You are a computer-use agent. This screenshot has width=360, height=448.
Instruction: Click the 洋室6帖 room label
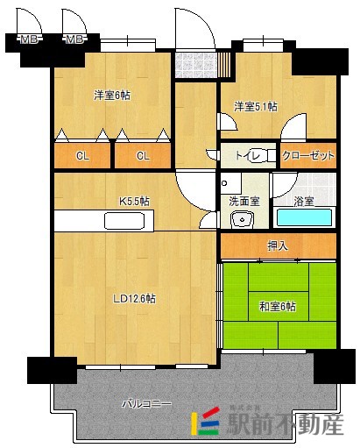tap(112, 96)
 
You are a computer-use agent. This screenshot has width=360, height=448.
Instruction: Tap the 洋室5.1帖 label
tap(256, 106)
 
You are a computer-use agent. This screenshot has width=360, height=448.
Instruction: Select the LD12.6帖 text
tap(135, 299)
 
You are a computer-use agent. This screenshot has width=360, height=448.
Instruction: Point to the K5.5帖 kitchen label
tap(135, 202)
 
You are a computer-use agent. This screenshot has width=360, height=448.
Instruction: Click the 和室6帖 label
tap(278, 307)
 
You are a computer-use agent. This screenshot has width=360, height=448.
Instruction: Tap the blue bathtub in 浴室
tap(304, 217)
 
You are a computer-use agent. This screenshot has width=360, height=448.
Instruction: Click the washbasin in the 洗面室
tap(242, 220)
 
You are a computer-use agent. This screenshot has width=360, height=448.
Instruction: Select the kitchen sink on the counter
tap(124, 221)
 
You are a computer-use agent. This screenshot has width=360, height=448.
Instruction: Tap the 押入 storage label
tap(278, 246)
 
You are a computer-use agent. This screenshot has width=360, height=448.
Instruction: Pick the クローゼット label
tap(308, 155)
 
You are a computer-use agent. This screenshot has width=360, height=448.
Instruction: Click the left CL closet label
tap(82, 156)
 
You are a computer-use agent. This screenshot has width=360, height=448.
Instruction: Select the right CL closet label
tap(143, 156)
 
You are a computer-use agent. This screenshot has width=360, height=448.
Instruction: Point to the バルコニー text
tap(146, 404)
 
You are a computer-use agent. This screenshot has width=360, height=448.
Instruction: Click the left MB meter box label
tap(29, 39)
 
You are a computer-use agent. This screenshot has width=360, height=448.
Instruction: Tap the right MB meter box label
tap(74, 39)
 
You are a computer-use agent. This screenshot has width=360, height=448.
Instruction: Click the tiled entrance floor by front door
tap(196, 65)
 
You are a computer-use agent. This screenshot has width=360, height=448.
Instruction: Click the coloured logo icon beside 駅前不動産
tap(205, 421)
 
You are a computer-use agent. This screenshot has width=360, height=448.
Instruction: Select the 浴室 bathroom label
tap(304, 202)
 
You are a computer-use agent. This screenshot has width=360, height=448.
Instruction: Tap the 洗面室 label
tap(244, 202)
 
